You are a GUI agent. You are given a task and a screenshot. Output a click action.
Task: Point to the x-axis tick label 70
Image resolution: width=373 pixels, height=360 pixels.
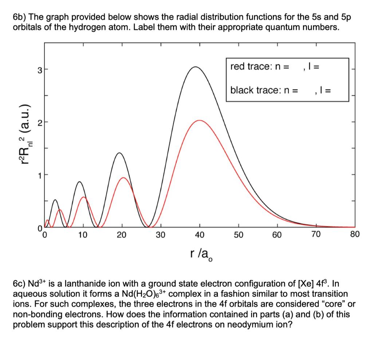[x=316, y=234]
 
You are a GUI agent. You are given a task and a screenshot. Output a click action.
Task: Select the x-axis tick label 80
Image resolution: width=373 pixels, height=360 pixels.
[x=355, y=234]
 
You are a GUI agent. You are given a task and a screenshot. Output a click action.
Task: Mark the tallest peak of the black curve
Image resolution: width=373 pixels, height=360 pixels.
[x=196, y=67]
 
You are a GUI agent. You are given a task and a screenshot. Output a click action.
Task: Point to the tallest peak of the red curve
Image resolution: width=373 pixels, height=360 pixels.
[x=200, y=120]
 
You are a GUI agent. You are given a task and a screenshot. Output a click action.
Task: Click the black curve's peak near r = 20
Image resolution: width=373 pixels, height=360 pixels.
[x=119, y=153]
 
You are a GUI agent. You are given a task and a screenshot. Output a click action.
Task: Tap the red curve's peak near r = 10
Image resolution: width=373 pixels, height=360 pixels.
[x=84, y=197]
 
